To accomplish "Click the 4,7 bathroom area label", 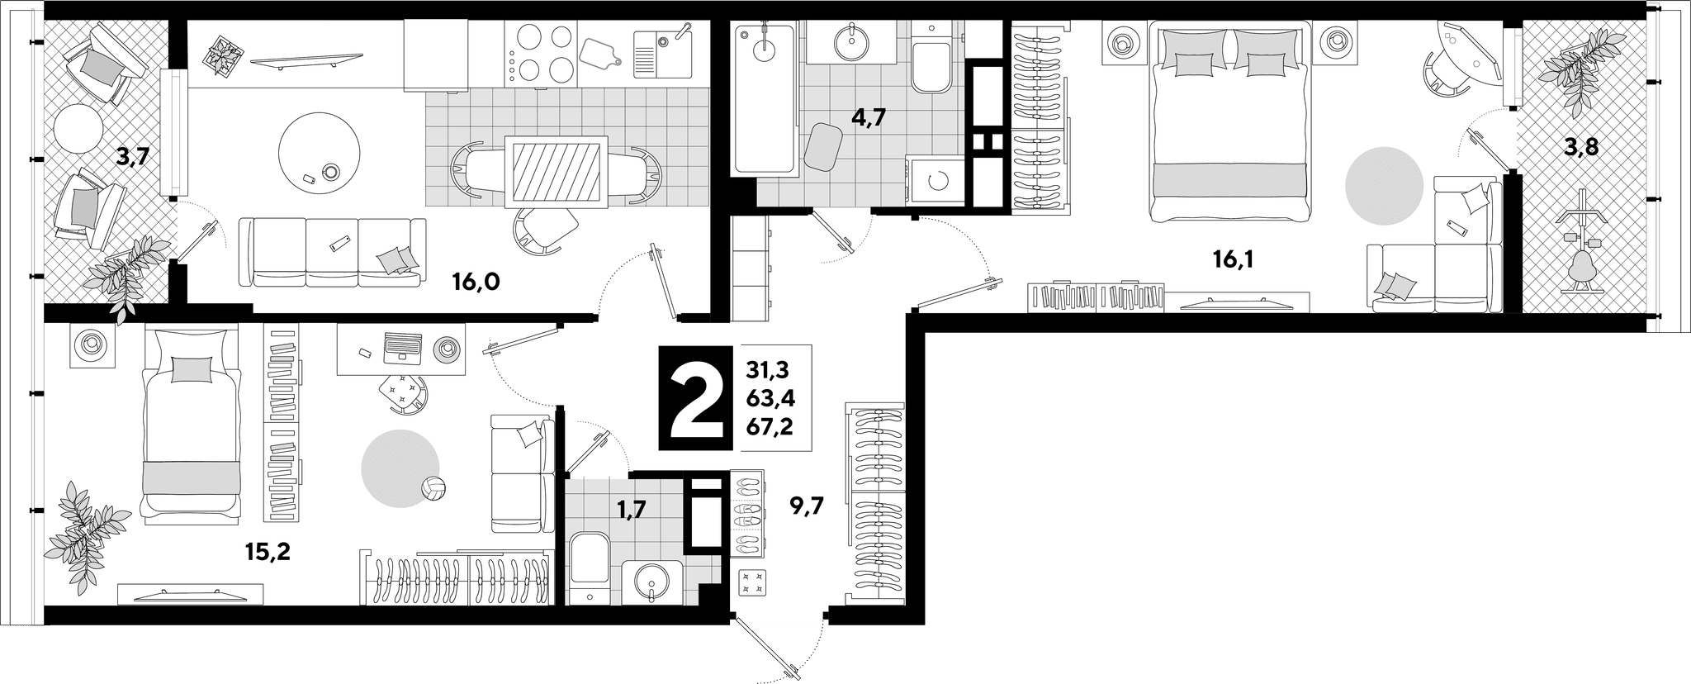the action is [x=868, y=117].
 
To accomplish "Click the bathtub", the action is [x=764, y=99].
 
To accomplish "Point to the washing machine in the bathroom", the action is [x=936, y=179].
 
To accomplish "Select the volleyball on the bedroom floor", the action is [x=434, y=488].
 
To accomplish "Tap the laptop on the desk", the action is [x=403, y=346].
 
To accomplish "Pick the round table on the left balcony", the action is [x=78, y=128].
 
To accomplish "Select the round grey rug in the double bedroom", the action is [x=1384, y=186].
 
